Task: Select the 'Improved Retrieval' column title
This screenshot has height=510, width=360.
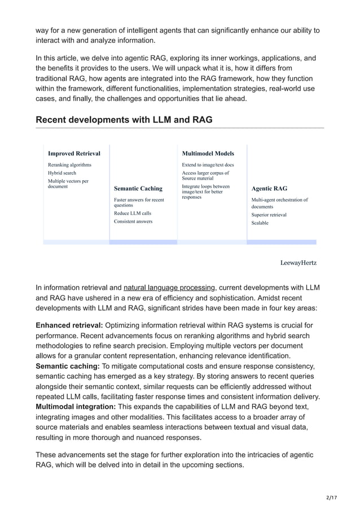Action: point(74,153)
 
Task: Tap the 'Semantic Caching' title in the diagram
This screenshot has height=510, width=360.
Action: point(138,188)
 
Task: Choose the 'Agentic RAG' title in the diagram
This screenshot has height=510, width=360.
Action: point(269,188)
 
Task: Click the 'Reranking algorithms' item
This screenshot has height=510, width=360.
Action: point(69,164)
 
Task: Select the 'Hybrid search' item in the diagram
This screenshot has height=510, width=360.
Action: point(62,173)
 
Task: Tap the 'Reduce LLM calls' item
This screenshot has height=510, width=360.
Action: point(132,213)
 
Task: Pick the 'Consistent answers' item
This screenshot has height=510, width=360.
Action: point(133,221)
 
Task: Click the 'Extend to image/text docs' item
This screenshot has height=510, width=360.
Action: point(208,164)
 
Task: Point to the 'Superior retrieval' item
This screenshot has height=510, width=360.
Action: point(269,215)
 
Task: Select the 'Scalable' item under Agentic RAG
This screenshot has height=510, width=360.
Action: point(260,223)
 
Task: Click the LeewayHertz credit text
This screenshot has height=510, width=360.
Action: point(298,263)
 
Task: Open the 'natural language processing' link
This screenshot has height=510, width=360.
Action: point(170,287)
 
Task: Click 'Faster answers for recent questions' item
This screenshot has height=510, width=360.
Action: point(139,202)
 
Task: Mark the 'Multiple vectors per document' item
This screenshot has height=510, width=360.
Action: point(68,184)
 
